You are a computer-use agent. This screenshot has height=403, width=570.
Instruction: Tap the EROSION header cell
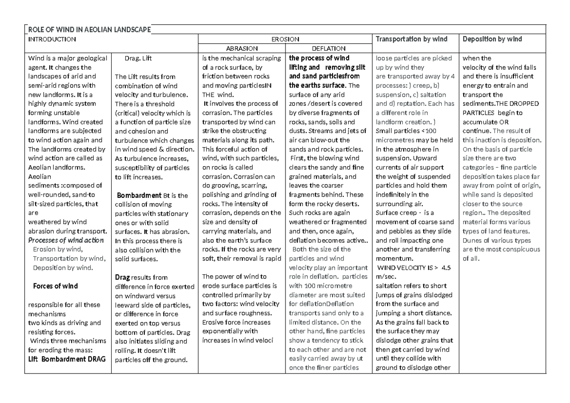[x=285, y=39]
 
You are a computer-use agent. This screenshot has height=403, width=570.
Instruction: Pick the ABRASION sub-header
[x=242, y=48]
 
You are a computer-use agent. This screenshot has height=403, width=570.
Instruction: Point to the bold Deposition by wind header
[x=492, y=39]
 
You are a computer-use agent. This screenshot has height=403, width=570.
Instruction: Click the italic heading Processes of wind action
[x=66, y=240]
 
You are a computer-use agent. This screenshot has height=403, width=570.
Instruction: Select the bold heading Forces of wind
[x=55, y=286]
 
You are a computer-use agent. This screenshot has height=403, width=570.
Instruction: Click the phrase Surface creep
[x=393, y=213]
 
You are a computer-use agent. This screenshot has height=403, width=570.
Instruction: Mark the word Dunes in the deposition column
[x=473, y=240]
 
